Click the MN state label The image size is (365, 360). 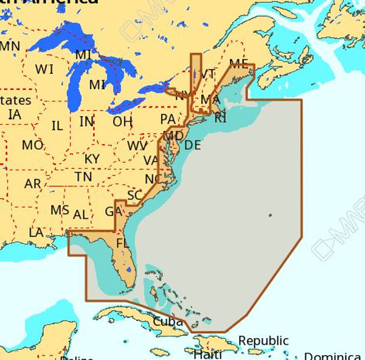pyautogui.click(x=10, y=46)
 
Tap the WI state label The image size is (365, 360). pyautogui.click(x=44, y=69)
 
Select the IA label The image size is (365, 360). pyautogui.click(x=15, y=114)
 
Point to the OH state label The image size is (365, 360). pyautogui.click(x=122, y=122)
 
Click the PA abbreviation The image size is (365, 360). pyautogui.click(x=167, y=119)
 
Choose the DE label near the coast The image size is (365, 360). pyautogui.click(x=192, y=145)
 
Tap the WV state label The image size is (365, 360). pyautogui.click(x=137, y=147)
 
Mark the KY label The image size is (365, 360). pyautogui.click(x=92, y=159)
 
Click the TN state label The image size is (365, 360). pyautogui.click(x=83, y=176)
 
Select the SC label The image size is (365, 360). pyautogui.click(x=134, y=196)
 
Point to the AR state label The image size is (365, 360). pyautogui.click(x=33, y=184)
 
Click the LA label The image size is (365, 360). pyautogui.click(x=36, y=232)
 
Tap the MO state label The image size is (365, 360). pyautogui.click(x=32, y=146)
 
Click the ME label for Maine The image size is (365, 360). pyautogui.click(x=238, y=63)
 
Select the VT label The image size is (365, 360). pyautogui.click(x=208, y=74)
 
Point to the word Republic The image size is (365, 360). pyautogui.click(x=263, y=341)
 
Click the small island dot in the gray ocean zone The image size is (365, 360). pyautogui.click(x=269, y=215)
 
